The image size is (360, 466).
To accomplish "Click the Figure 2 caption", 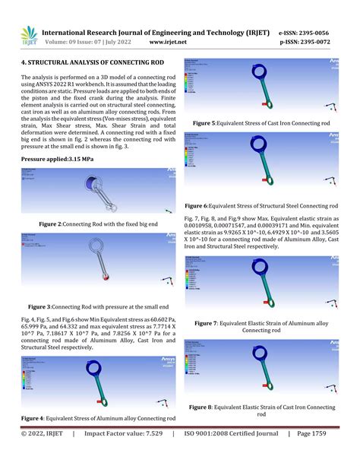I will point(98,224).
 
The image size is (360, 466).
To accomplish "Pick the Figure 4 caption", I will point(98,419).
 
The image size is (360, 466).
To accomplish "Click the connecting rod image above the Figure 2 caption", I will point(99,193).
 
